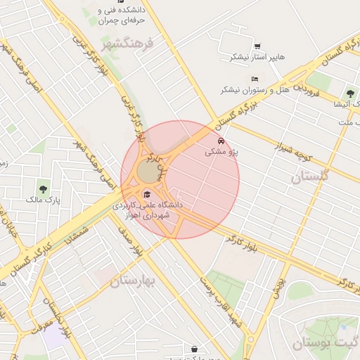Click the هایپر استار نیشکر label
(251, 57)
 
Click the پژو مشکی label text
(223, 151)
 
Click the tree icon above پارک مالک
(44, 188)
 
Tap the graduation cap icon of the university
(147, 194)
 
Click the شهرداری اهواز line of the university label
(147, 215)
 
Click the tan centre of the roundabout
(148, 171)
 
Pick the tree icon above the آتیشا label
(349, 93)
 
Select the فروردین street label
(308, 89)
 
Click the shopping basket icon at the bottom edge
(194, 348)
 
